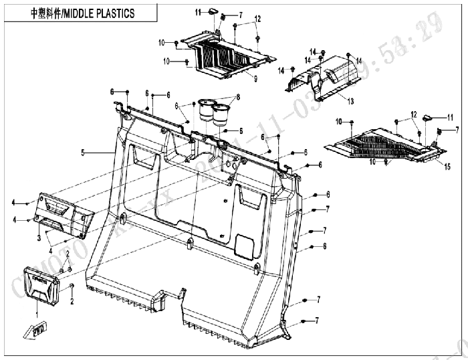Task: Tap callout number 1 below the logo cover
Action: coord(37,312)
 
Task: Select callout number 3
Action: coord(39,236)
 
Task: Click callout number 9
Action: coord(236,79)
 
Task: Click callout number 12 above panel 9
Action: coord(257,18)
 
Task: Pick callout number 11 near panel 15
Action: coord(423,114)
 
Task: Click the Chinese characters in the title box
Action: coord(51,12)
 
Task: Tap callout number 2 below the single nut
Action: coord(72,300)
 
